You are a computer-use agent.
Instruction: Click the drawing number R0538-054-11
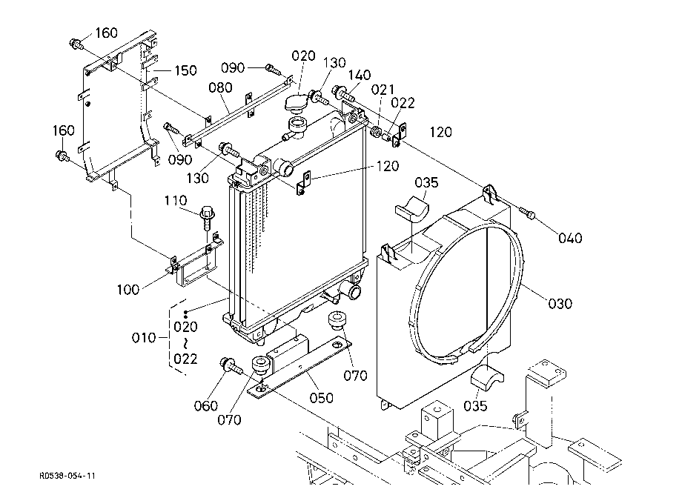coord(67,476)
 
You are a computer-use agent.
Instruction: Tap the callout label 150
coord(185,70)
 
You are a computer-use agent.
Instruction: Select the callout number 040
coord(570,238)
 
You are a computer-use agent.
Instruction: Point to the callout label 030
coord(560,303)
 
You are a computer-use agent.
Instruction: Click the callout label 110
coord(175,201)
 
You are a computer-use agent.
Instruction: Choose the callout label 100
coord(128,290)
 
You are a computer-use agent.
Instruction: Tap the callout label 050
coord(321,398)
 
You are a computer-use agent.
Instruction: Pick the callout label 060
coord(206,406)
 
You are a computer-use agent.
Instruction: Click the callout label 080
coord(220,87)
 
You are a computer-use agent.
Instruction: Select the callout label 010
coord(144,338)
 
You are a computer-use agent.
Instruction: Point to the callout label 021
coord(383,90)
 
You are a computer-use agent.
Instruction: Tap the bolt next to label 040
coord(527,213)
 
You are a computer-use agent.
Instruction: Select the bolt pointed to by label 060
coord(231,366)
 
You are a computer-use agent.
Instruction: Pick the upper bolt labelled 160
coord(76,44)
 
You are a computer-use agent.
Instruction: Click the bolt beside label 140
coord(344,93)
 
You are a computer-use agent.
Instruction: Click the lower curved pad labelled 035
coord(487,378)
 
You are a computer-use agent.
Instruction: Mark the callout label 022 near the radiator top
coord(403,104)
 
